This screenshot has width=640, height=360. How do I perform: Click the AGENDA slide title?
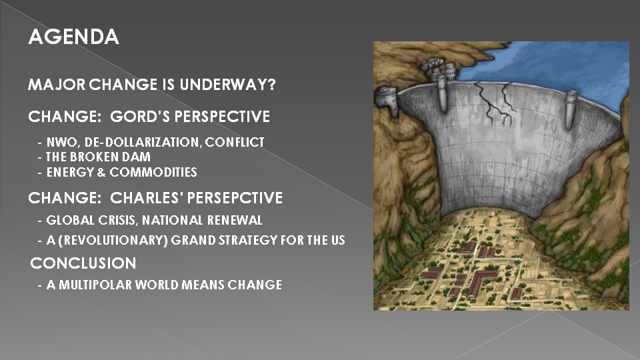(73, 37)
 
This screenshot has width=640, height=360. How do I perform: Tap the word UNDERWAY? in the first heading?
(228, 85)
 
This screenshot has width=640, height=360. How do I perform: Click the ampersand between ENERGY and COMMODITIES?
(101, 172)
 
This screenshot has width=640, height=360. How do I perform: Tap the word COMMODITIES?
(153, 172)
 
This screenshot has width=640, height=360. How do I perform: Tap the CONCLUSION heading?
(83, 263)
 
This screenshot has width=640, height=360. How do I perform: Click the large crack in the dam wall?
(496, 103)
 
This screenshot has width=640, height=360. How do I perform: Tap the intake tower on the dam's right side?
(571, 109)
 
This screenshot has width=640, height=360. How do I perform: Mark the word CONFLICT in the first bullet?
(235, 142)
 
